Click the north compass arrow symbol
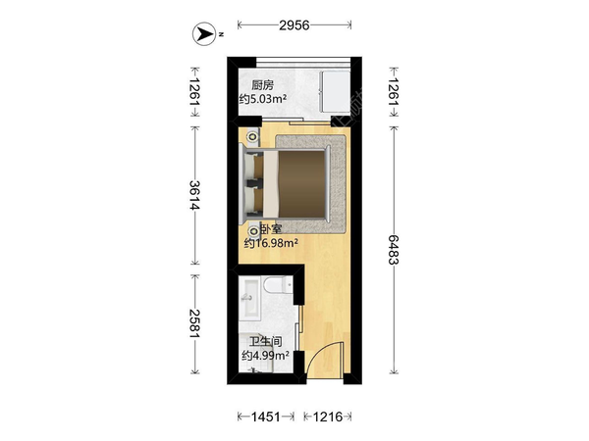tap(204, 34)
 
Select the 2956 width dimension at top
tap(294, 25)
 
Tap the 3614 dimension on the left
tap(194, 195)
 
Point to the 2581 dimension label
tap(194, 323)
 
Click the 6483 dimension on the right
tap(394, 250)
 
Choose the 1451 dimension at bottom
tap(266, 416)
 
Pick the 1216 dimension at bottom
tap(328, 416)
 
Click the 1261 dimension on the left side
tap(194, 92)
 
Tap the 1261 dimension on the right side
tap(394, 92)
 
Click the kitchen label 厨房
tap(262, 85)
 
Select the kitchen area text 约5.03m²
tap(263, 99)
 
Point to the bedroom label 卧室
tap(271, 229)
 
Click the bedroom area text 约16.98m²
tap(271, 243)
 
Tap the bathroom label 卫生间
tap(266, 342)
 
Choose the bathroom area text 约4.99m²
tap(266, 355)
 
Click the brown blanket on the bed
tap(301, 184)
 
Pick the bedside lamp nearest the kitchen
tap(253, 136)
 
